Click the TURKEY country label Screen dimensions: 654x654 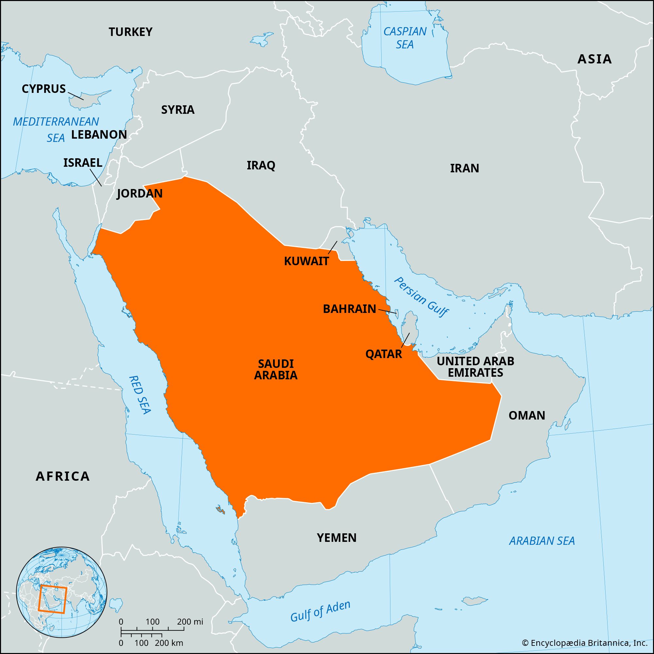[130, 32]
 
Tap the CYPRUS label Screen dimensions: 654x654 [44, 89]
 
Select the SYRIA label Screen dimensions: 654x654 [178, 110]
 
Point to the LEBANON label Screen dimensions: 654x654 [99, 134]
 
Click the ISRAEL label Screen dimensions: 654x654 [83, 163]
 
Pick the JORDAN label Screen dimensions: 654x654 [140, 193]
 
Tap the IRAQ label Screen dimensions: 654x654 [261, 165]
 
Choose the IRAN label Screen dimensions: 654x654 [464, 168]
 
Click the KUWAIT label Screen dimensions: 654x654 [306, 261]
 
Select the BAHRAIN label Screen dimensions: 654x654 [349, 309]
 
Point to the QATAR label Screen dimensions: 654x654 [384, 354]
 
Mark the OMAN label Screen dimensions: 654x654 [527, 415]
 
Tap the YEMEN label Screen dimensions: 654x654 [336, 538]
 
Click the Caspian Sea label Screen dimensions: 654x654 [405, 38]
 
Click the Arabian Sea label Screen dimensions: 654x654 [542, 541]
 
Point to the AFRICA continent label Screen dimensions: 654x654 [63, 476]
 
